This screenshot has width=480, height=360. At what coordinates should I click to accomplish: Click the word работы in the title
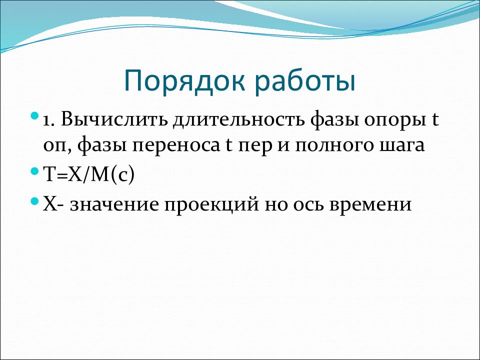click(x=305, y=81)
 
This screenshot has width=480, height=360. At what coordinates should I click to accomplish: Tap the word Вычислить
click(x=114, y=119)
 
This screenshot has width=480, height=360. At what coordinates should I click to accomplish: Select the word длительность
click(x=238, y=119)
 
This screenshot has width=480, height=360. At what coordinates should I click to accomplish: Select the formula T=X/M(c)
click(x=89, y=175)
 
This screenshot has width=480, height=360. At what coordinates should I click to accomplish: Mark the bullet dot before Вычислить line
click(x=35, y=116)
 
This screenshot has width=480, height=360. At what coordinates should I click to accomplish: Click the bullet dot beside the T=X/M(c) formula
click(x=35, y=171)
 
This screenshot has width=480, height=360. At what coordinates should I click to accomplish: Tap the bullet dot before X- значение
click(x=35, y=201)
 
